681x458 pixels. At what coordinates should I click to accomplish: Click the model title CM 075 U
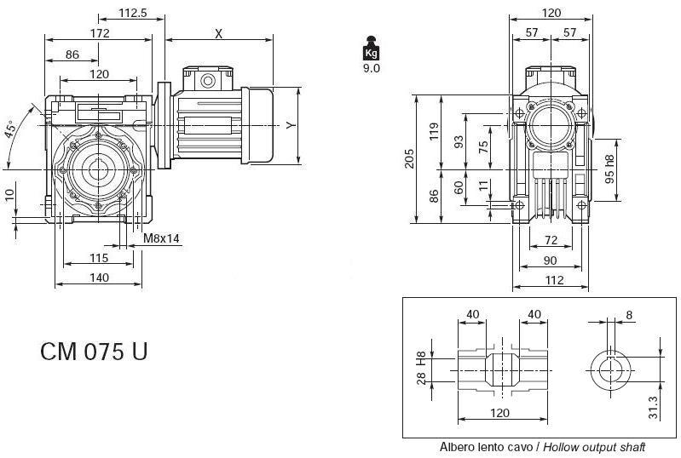[x=94, y=352]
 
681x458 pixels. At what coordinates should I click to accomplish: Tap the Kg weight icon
[x=371, y=48]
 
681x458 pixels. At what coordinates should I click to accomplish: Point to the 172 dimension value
[x=100, y=33]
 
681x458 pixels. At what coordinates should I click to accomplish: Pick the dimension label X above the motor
[x=219, y=33]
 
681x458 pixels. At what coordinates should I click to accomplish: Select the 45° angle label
[x=11, y=129]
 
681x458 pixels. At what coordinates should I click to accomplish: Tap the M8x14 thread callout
[x=161, y=238]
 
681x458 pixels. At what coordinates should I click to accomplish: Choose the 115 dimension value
[x=98, y=257]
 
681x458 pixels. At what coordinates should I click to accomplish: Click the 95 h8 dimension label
[x=608, y=168]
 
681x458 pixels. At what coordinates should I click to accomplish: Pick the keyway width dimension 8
[x=629, y=315]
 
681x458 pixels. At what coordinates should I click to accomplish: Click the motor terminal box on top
[x=205, y=79]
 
